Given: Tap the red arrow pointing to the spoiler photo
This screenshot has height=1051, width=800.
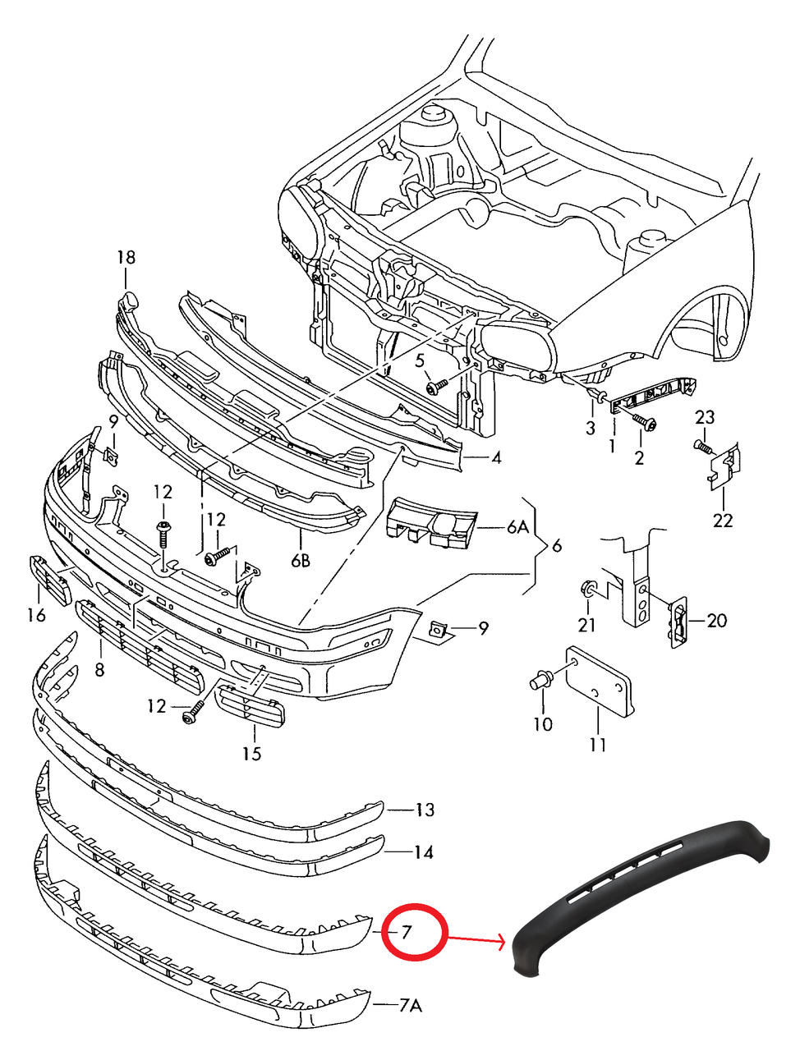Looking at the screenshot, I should click(476, 939).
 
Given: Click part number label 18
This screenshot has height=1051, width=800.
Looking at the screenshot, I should click(125, 258).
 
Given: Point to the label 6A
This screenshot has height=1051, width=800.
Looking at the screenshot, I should click(517, 527).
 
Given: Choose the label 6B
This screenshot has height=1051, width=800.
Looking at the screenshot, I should click(301, 561).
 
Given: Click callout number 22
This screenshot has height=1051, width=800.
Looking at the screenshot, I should click(723, 520).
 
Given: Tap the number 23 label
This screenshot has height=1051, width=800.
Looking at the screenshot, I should click(705, 417).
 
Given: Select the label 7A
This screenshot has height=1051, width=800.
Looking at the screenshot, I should click(410, 1005).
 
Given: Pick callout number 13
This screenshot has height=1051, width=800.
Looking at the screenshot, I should click(424, 810).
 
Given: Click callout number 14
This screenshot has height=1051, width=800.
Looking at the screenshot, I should click(423, 852).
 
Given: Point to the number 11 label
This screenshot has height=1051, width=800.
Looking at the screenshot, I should click(598, 745).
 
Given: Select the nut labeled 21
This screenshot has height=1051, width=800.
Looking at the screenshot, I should click(588, 589).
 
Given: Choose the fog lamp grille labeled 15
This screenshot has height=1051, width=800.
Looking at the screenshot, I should click(251, 707).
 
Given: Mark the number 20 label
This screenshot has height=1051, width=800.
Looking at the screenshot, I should click(716, 620).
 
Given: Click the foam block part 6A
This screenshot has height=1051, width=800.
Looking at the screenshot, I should click(431, 522).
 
